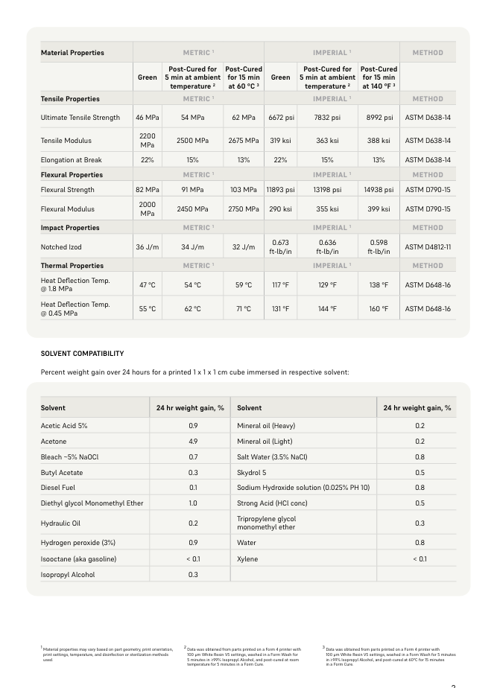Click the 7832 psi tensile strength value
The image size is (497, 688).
(x=327, y=118)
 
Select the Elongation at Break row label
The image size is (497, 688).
(x=72, y=160)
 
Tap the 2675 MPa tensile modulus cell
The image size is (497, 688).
(x=244, y=141)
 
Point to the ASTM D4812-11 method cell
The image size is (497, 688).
(x=427, y=247)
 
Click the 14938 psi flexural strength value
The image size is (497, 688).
(x=379, y=190)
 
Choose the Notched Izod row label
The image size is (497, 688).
(x=61, y=247)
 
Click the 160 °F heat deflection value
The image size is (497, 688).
(x=379, y=309)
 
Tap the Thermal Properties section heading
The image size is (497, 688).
(x=72, y=266)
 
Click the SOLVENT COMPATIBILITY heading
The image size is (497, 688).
(x=82, y=354)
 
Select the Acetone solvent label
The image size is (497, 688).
(x=54, y=442)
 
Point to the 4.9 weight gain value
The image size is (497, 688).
(x=193, y=442)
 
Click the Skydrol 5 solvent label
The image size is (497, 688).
(x=252, y=473)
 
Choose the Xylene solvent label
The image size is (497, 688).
(x=247, y=559)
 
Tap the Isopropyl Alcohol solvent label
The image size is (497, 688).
(x=68, y=575)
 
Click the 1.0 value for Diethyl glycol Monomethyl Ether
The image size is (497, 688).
(x=193, y=504)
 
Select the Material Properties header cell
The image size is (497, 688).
(x=72, y=53)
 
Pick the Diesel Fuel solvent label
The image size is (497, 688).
(x=58, y=488)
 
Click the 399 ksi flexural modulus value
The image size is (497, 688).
(x=379, y=209)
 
